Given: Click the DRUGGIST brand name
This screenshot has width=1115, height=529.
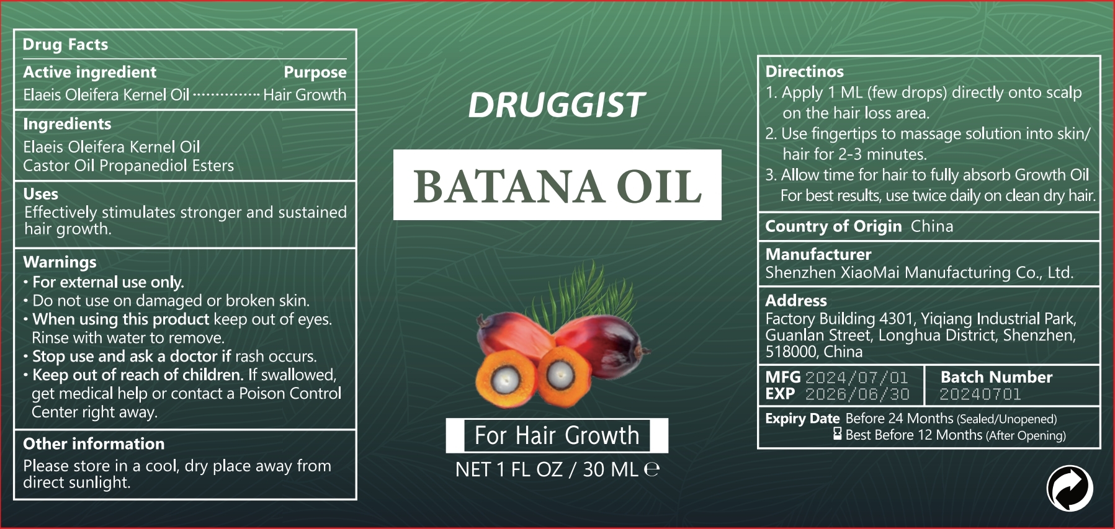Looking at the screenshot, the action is coord(557,105).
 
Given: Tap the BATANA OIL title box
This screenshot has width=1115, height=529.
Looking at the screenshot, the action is coord(557,185).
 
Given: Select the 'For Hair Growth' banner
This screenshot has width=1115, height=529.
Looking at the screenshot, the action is coord(557,435).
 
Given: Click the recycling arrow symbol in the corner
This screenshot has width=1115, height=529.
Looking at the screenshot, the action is coord(1070,488).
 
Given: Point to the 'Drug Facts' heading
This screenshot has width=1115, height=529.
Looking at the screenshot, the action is coord(65,45).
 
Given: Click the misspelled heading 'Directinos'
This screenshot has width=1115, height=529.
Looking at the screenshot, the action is coord(804,71).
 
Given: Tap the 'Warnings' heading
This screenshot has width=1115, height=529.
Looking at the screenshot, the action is coord(60,262).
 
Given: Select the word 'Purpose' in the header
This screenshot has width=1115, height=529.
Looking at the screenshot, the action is coord(315,73).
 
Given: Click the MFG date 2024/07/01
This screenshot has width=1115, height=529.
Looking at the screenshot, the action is coord(856,377).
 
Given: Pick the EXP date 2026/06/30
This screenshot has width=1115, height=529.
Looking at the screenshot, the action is coord(857,394).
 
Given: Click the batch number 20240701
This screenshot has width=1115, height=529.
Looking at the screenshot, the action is coord(980,394).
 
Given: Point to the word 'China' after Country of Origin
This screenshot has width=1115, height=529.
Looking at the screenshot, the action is coord(932,226).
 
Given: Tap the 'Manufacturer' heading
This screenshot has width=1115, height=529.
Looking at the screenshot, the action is coord(818,254).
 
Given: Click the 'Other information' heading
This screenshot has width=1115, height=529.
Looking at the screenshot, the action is coord(94,444).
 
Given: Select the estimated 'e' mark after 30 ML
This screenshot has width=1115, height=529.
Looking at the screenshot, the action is coord(652,469).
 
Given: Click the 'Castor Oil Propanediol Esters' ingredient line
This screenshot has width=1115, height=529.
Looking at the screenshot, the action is coord(128,166).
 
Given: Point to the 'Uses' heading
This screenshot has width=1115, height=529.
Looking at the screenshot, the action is coord(40,194).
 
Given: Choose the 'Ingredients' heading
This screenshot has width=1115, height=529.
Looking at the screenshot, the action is coord(67,125).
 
